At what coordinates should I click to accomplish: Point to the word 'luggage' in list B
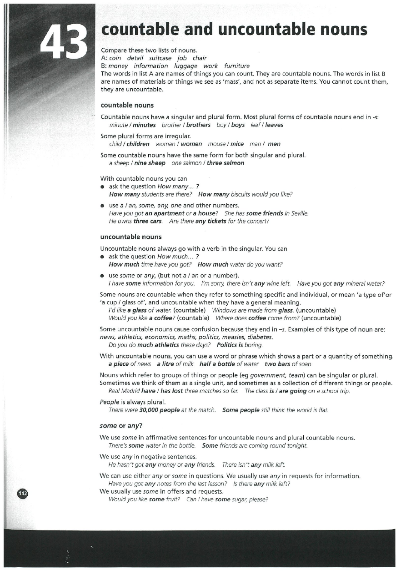[x=182, y=66]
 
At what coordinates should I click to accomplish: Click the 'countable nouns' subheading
[x=127, y=106]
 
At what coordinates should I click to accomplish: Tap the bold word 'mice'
[x=237, y=144]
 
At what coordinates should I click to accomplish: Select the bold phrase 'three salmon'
[x=226, y=163]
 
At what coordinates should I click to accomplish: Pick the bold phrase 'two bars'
[x=276, y=364]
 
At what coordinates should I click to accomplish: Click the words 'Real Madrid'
[x=124, y=391]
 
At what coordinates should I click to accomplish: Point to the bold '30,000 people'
[x=159, y=410]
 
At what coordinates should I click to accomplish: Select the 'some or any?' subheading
[x=121, y=426]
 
